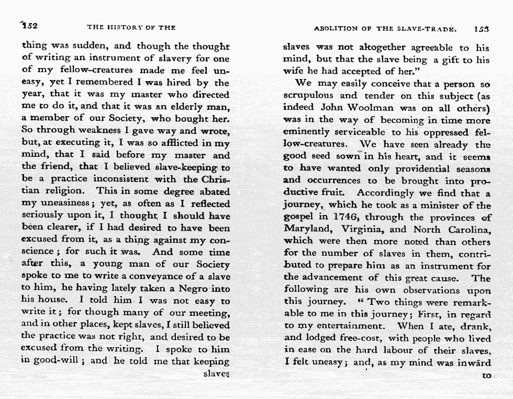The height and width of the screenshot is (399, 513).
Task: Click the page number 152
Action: [x=29, y=26]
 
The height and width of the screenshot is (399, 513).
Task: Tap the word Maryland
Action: [x=309, y=229]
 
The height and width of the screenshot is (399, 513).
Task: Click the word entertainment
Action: [x=348, y=326]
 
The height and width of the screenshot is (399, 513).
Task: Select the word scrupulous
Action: [x=307, y=96]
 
